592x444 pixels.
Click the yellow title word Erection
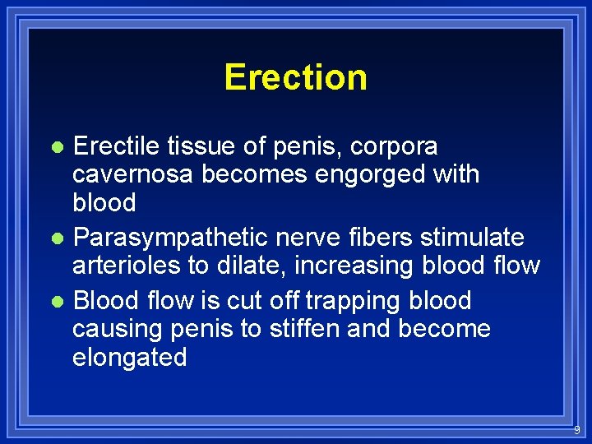pyautogui.click(x=295, y=77)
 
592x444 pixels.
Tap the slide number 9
pyautogui.click(x=576, y=430)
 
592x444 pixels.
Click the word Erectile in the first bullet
pyautogui.click(x=117, y=146)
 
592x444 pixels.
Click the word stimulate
pyautogui.click(x=472, y=238)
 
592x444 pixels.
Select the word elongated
pyautogui.click(x=130, y=358)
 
